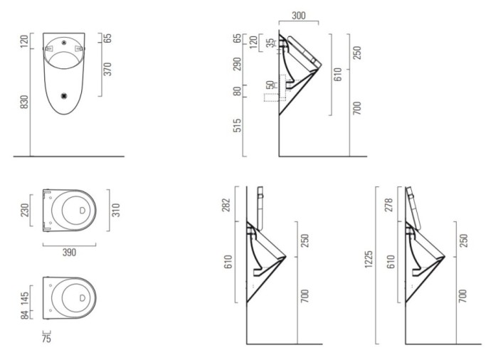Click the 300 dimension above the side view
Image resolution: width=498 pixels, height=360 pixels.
pos(299,15)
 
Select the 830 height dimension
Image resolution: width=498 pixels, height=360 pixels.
pos(24,102)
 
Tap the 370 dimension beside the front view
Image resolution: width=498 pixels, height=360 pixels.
pos(108,69)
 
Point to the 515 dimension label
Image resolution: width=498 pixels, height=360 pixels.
pos(237,125)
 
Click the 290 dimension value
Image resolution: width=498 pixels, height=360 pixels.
pos(237,64)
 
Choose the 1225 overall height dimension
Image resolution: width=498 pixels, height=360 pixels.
pos(369,259)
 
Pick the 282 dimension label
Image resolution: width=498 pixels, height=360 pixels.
pos(226,206)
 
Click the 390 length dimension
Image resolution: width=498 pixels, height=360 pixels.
pos(69,253)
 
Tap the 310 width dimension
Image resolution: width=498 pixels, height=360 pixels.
pos(116,211)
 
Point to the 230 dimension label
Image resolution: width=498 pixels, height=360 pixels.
pos(25,210)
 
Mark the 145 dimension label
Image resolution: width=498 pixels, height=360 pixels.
pos(25,298)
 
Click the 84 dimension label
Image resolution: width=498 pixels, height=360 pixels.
pos(25,315)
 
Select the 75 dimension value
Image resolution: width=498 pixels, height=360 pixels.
pos(46,339)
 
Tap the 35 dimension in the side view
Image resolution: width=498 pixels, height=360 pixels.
pos(270,43)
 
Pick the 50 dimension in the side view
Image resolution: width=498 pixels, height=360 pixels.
pos(270,85)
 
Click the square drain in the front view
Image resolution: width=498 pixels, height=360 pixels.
pos(65,95)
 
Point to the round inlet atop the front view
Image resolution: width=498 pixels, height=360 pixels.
pos(64,42)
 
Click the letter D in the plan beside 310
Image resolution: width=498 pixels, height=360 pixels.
pos(83,211)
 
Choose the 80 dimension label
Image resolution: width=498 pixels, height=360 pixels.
pos(237,91)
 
